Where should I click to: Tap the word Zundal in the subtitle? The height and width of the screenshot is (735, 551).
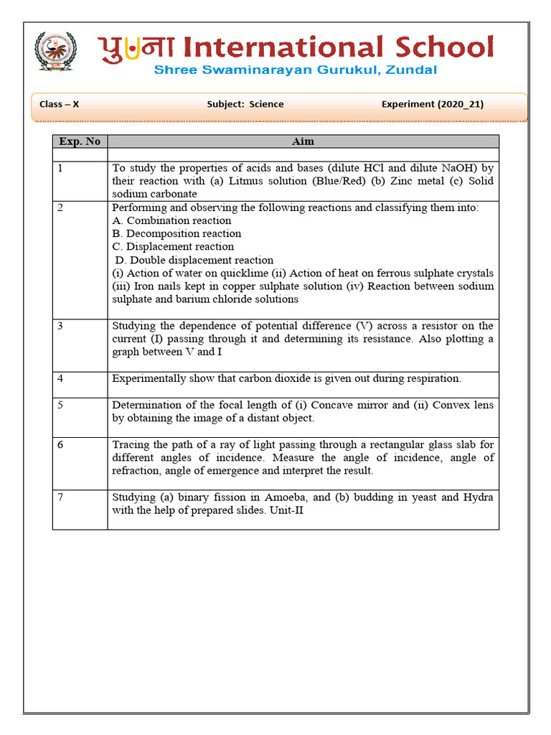[x=411, y=70]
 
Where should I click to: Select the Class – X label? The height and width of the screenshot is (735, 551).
[x=59, y=104]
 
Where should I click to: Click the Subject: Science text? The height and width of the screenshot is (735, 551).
[x=245, y=104]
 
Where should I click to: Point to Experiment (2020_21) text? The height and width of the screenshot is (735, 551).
[x=432, y=104]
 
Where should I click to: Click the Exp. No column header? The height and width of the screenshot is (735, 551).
[x=80, y=141]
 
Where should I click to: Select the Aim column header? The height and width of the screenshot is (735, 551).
[x=303, y=141]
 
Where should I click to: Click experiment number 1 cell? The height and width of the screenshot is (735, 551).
[x=61, y=169]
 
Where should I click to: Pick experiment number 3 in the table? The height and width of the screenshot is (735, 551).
[x=61, y=326]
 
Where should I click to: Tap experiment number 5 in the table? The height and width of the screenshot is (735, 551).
[x=61, y=405]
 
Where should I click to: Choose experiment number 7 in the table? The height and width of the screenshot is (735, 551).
[x=61, y=497]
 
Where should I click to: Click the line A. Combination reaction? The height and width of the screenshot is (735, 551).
[x=171, y=220]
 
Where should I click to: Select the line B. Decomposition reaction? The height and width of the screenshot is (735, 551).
[x=176, y=233]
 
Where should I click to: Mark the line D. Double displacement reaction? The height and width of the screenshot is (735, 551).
[x=194, y=260]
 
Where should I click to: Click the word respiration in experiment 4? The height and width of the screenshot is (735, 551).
[x=430, y=378]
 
